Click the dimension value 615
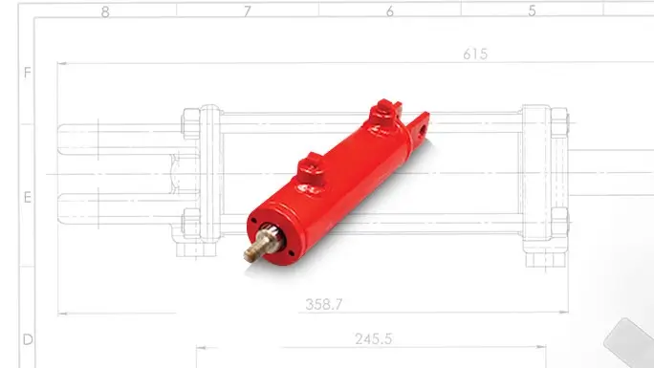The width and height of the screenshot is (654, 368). [475, 54]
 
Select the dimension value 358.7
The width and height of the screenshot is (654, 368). [324, 304]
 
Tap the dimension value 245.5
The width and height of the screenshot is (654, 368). [373, 338]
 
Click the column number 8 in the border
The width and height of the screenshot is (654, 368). [105, 12]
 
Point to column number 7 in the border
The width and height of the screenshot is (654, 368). [248, 11]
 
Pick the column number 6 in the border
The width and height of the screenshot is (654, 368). [389, 11]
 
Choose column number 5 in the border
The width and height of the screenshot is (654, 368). [532, 11]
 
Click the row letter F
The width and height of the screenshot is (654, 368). [28, 73]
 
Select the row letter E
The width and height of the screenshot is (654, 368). [28, 197]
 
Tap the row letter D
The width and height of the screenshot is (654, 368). [28, 339]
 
